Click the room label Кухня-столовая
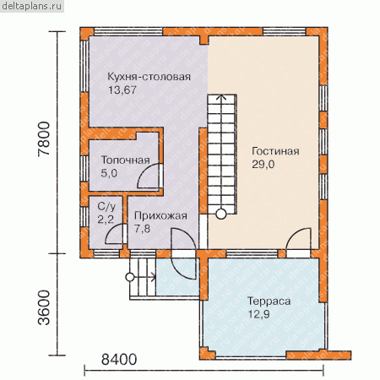[x=149, y=77]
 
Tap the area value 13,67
[x=122, y=90]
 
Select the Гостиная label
[x=275, y=151]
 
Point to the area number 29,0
[x=263, y=164]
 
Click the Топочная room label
[x=126, y=160]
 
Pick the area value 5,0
[x=109, y=173]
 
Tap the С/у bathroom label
[x=106, y=206]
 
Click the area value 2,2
[x=106, y=219]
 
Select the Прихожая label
[x=160, y=215]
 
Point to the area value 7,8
[x=142, y=229]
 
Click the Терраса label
[x=269, y=301]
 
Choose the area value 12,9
[x=258, y=314]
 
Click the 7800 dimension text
[x=44, y=138]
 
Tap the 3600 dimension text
[x=44, y=308]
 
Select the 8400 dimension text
[x=119, y=360]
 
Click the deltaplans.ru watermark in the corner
[x=32, y=6]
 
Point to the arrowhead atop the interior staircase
[x=221, y=97]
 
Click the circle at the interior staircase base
[x=221, y=214]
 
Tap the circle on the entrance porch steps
[x=130, y=277]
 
